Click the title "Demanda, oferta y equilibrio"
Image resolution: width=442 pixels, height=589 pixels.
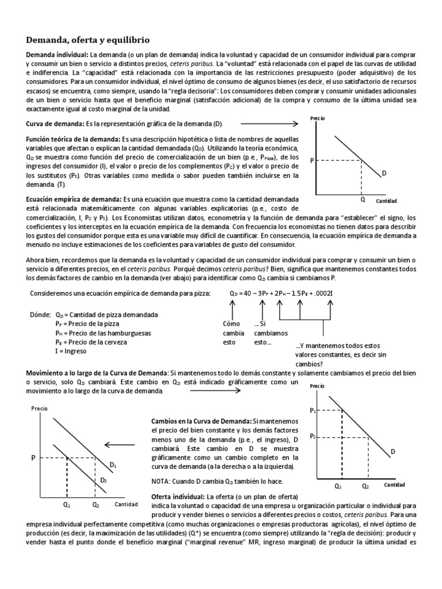tap(87, 40)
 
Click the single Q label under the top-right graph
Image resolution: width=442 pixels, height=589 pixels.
tap(363, 200)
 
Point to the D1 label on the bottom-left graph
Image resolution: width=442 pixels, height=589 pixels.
tap(113, 464)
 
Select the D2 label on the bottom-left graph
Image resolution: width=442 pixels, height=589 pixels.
tap(104, 480)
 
